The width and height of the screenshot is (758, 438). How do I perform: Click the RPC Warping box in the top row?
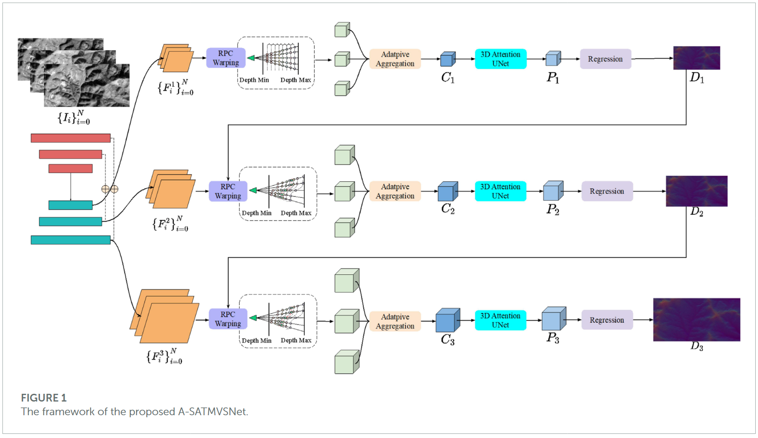coord(225,58)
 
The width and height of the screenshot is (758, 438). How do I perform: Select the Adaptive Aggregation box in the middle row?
coord(395,191)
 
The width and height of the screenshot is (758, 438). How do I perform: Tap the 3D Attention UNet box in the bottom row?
coord(500,320)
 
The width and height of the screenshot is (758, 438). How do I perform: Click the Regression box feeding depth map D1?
coord(605,59)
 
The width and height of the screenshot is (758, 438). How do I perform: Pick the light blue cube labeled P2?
coord(553,191)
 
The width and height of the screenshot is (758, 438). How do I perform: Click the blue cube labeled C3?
coord(447,320)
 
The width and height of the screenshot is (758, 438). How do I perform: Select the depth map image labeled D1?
coord(696,58)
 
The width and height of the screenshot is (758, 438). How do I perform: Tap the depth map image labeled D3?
coord(696,319)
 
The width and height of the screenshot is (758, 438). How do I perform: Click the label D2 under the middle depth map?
coord(697,211)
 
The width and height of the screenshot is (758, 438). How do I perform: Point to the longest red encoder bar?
coord(71,138)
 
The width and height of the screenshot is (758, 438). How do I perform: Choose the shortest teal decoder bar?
coord(71,205)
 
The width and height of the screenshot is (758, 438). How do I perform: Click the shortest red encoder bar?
coord(71,169)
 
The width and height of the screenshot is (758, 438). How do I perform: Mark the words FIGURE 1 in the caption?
coord(44,398)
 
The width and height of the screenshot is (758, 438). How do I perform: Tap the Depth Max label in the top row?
coord(296,80)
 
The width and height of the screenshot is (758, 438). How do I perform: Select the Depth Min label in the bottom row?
coord(256,340)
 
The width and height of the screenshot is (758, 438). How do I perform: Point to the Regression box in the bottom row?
coord(607,320)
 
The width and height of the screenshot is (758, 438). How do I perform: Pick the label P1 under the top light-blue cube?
coord(553,78)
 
